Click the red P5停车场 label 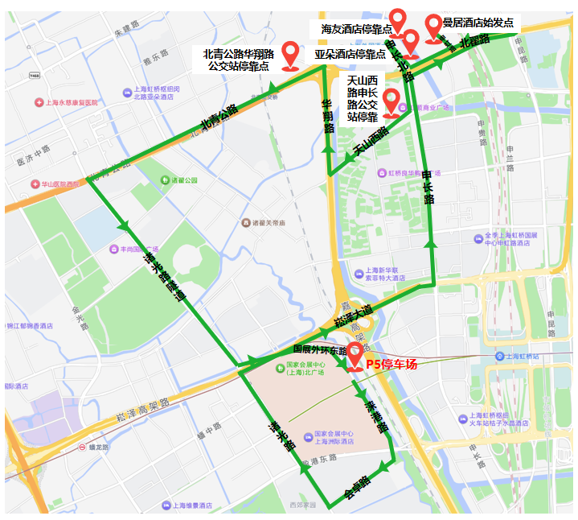point(392,365)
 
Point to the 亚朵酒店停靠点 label point(350,55)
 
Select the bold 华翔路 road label point(328,117)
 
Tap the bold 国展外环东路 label point(320,350)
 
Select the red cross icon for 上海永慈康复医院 point(39,103)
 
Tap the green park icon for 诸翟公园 point(165,180)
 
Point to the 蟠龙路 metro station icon point(82,447)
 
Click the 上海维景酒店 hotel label point(187,506)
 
